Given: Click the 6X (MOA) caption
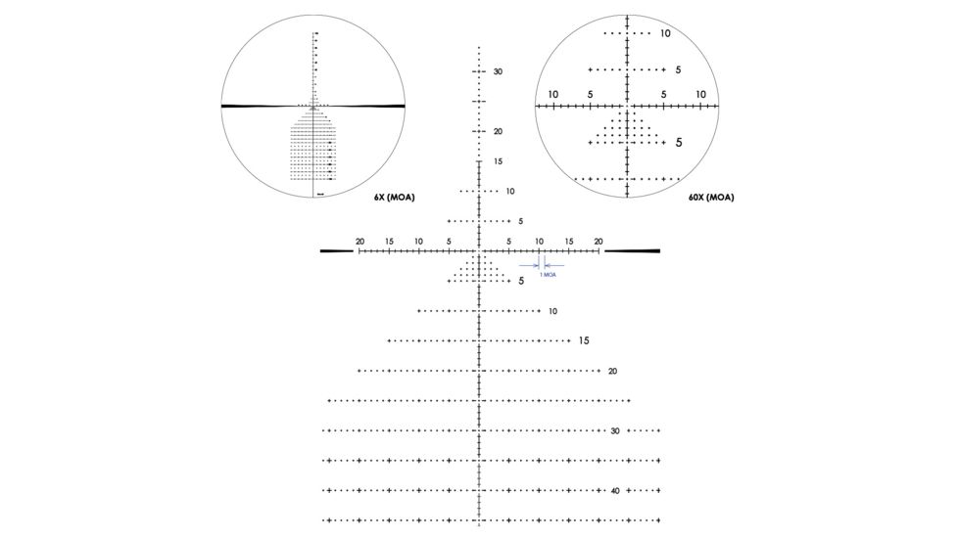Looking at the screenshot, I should pos(394,198).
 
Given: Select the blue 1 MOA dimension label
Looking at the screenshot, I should pos(549,275).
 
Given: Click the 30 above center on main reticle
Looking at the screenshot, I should pos(498,72).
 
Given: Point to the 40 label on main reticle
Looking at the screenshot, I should pos(615,490).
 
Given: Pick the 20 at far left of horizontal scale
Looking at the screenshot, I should pos(359,241).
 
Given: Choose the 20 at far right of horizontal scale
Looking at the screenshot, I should pos(598,241).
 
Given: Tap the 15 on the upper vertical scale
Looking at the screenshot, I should pos(498,161).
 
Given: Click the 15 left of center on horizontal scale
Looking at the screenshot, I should pos(389,241).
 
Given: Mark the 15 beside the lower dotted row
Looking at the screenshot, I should pos(584,341).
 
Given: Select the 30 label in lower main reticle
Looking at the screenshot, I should pos(615,430).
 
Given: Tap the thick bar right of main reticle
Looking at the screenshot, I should pos(632,251).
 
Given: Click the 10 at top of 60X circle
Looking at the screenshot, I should pos(665,33).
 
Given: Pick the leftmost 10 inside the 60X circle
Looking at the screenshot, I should pos(553,94).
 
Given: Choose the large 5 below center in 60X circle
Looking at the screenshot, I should pos(678,143).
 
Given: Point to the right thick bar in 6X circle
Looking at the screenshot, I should pos(370,106).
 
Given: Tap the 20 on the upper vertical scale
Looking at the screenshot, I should pos(498,132).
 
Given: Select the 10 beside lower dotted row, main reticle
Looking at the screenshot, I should pos(552,311).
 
